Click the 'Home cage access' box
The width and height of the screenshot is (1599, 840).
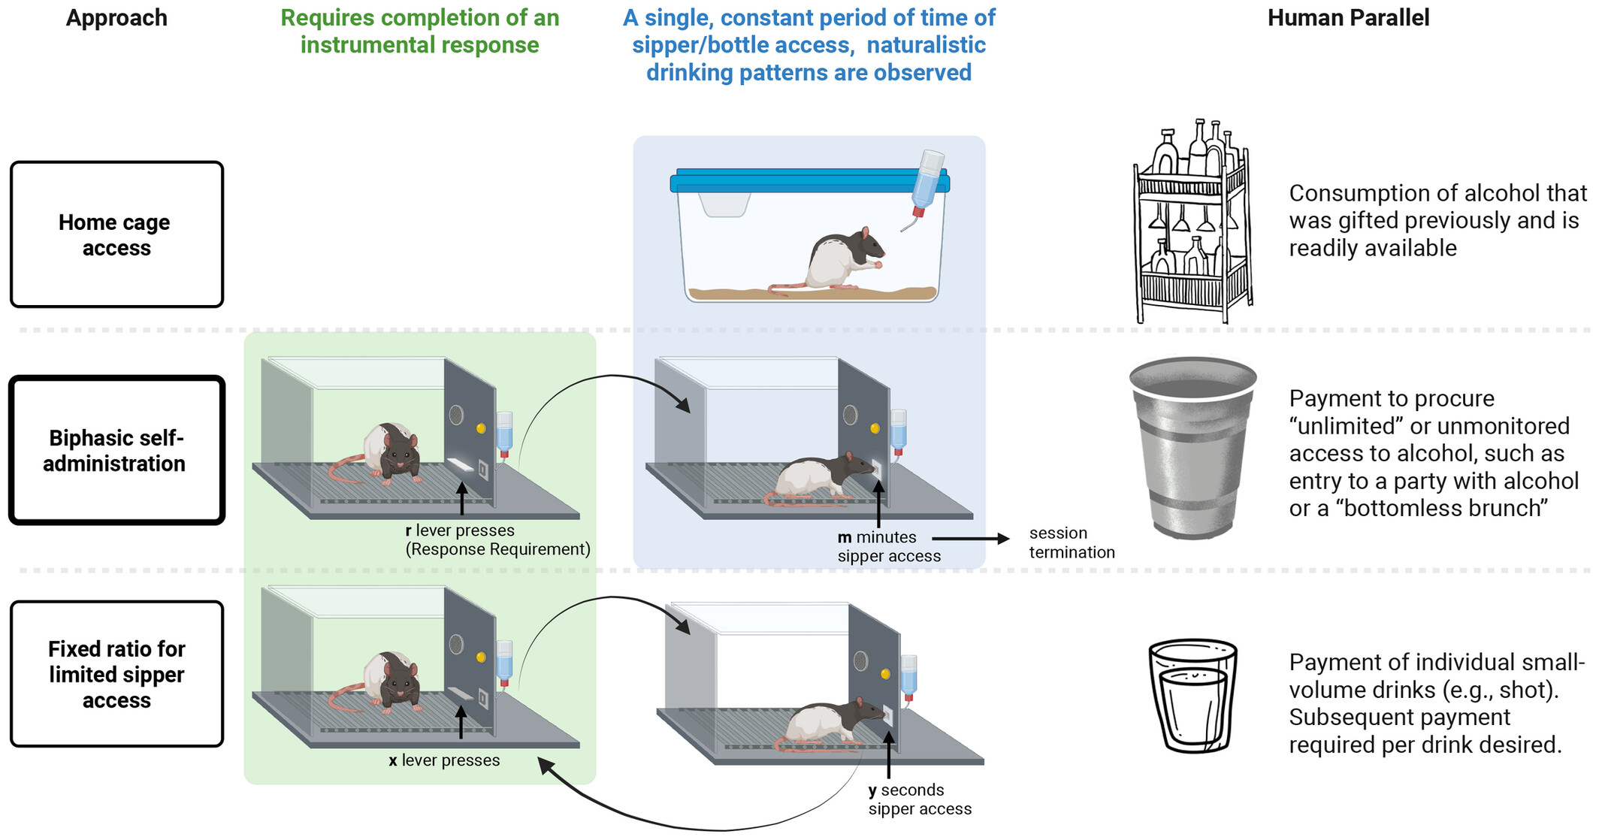(x=116, y=234)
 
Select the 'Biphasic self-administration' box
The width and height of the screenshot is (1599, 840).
(x=116, y=450)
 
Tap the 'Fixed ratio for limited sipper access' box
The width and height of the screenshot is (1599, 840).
(x=116, y=674)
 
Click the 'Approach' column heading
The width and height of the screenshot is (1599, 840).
(x=116, y=18)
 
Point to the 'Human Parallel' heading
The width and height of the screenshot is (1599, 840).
(x=1348, y=18)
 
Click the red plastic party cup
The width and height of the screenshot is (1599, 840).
(x=1192, y=447)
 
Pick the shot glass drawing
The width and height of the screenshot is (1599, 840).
(x=1193, y=696)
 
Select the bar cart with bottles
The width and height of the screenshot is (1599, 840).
(x=1192, y=222)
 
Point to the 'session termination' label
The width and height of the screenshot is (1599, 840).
(x=1072, y=542)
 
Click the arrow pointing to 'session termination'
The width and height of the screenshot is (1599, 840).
(x=970, y=538)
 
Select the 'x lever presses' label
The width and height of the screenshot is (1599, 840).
(x=444, y=760)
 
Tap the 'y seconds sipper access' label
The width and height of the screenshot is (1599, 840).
(x=919, y=799)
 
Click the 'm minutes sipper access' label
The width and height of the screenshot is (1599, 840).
(x=888, y=547)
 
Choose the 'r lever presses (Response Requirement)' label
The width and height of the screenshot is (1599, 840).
(x=497, y=540)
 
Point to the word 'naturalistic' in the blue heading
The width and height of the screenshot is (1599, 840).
(x=926, y=45)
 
